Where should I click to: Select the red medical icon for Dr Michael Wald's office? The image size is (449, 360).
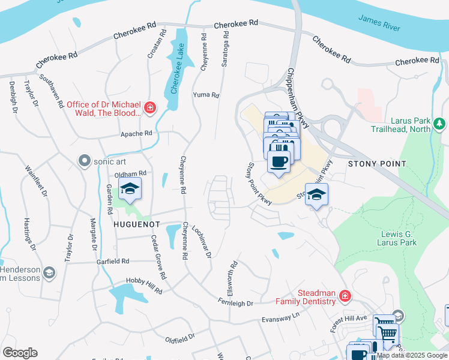coord(150,108)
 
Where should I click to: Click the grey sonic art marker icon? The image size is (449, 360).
coord(84,160)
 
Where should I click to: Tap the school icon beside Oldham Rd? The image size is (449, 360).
coord(130,188)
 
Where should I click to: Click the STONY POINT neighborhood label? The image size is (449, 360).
coord(377,164)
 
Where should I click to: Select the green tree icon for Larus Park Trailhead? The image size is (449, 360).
coord(440,124)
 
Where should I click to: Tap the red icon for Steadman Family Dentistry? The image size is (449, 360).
coord(344,296)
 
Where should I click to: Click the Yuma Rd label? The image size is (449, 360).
coord(206,95)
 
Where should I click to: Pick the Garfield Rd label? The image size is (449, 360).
coord(112,262)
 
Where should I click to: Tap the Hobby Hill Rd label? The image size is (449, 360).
coord(144,286)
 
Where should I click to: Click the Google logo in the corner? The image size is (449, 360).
coord(20,352)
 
